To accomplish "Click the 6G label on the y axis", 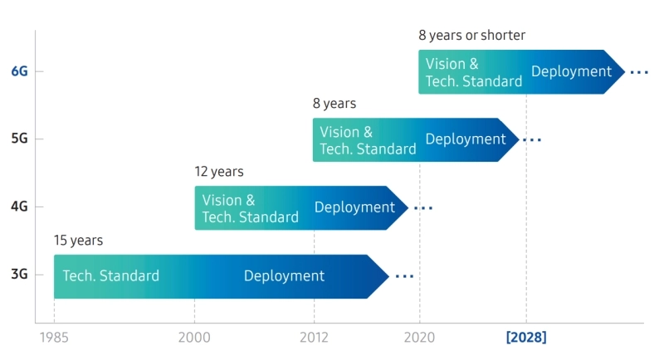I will [19, 71].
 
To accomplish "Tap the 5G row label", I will [19, 139].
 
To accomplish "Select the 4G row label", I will [19, 207].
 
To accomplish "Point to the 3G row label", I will [19, 275].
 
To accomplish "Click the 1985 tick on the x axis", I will [54, 338].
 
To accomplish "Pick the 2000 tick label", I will [194, 338].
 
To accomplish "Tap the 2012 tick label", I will [314, 338].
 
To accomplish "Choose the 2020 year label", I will [419, 338].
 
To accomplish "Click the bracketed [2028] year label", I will [526, 338].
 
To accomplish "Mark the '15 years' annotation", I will [78, 241].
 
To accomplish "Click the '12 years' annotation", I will [219, 172].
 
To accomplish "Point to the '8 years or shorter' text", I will [471, 36].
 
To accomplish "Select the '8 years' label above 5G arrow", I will [334, 104].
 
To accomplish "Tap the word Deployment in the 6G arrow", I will [571, 71].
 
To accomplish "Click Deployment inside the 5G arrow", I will [466, 139].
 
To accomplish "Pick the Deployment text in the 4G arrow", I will [354, 207].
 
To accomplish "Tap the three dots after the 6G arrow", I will [638, 73].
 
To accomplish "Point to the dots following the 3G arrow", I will [404, 276].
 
